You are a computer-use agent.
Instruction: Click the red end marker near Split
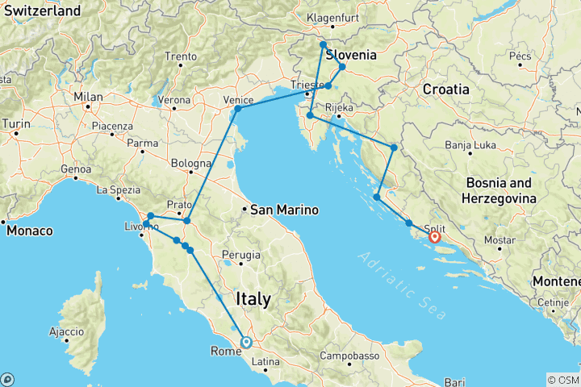tap(434, 237)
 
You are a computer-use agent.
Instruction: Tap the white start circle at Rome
tap(246, 342)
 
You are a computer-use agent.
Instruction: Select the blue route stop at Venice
tap(237, 109)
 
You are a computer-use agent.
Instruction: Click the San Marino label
tap(284, 210)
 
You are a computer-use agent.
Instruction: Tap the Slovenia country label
tap(351, 56)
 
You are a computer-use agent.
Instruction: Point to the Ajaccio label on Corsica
tap(65, 331)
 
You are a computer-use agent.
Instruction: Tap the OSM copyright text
tap(562, 380)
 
